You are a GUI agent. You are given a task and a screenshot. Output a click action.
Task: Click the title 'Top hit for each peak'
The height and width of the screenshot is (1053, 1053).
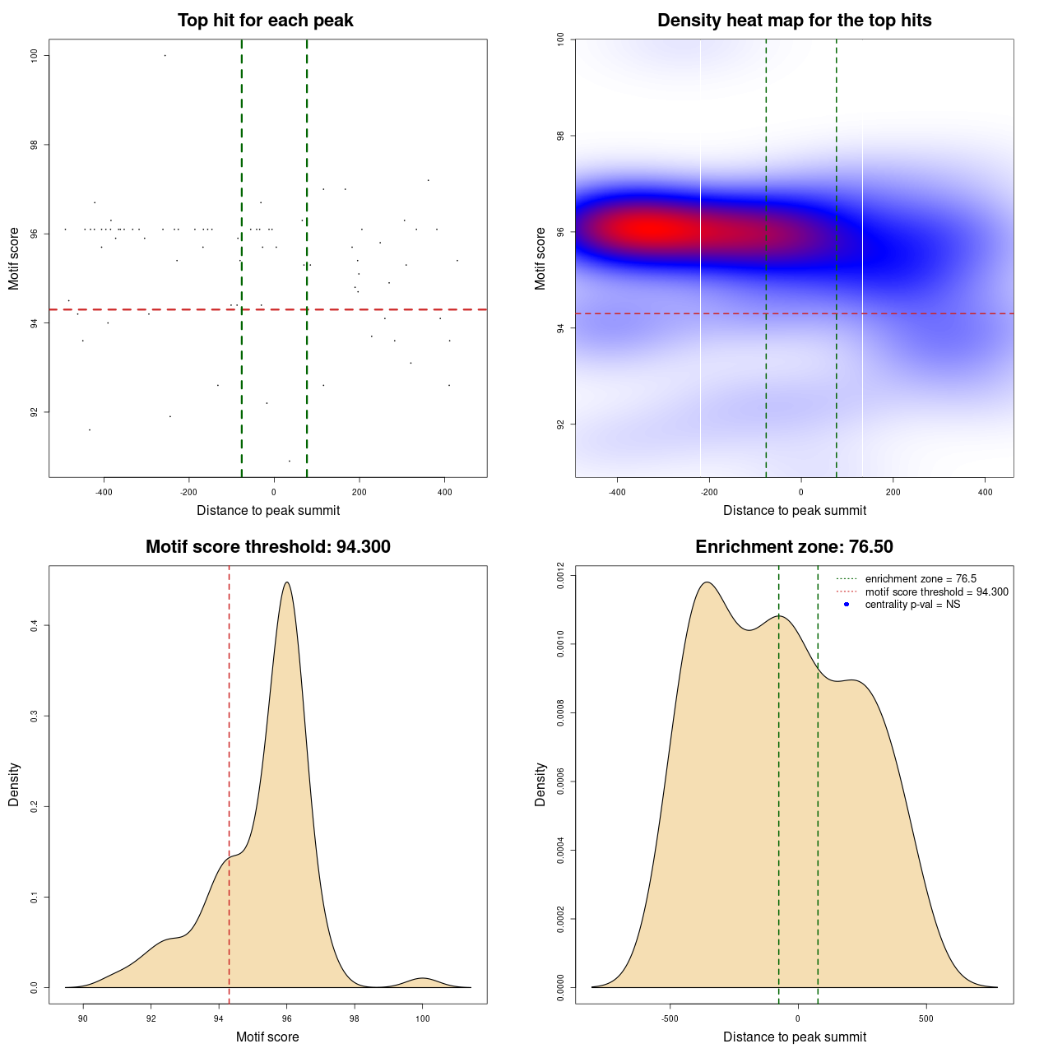[x=265, y=21]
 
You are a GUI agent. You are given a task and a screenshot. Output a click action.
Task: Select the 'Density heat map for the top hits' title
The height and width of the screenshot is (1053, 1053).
[x=794, y=21]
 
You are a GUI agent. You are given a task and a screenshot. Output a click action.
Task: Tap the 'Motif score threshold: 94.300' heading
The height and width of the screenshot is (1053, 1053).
[x=267, y=547]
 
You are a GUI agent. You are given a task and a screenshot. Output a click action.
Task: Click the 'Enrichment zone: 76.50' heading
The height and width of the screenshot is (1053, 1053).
[x=794, y=547]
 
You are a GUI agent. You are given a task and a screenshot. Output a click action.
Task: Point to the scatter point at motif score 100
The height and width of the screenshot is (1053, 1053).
[x=165, y=55]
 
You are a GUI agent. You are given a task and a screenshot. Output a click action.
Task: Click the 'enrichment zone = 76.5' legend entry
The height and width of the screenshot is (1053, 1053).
[x=921, y=579]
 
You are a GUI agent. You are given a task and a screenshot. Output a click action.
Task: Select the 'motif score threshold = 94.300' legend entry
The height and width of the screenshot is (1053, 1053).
[x=936, y=592]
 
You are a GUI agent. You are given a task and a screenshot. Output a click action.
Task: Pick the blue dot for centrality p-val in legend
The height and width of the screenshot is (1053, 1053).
[x=847, y=605]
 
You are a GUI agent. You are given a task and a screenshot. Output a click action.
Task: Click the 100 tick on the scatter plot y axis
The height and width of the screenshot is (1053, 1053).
[x=34, y=55]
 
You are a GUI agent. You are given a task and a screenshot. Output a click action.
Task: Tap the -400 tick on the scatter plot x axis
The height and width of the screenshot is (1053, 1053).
[x=104, y=492]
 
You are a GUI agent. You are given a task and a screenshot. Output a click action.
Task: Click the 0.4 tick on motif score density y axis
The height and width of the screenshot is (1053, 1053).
[x=34, y=626]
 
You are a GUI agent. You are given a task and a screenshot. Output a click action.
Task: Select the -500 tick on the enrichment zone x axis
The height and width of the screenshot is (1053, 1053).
[x=670, y=1018]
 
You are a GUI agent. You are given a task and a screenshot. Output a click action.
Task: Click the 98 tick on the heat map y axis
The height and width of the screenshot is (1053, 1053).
[x=560, y=135]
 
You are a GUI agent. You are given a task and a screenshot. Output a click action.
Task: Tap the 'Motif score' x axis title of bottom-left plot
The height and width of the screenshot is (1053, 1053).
[x=267, y=1037]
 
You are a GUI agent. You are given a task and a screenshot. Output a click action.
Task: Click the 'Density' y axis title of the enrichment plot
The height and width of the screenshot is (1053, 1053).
[x=540, y=784]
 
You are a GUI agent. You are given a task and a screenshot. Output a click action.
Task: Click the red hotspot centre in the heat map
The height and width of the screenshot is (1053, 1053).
[x=650, y=230]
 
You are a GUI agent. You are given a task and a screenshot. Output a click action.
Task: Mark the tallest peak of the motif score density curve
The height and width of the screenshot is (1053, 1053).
[x=286, y=582]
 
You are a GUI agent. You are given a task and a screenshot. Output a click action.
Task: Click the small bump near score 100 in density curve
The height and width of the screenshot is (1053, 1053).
[x=422, y=978]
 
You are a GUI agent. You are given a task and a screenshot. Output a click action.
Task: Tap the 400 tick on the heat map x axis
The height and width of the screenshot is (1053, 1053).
[x=985, y=492]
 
